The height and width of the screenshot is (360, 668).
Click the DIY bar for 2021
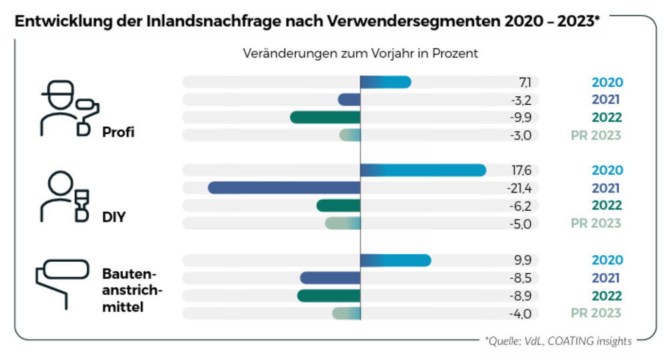[284, 188]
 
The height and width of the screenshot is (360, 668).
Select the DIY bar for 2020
[423, 170]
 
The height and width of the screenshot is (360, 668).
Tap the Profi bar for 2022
[325, 118]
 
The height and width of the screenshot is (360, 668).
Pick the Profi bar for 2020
[385, 82]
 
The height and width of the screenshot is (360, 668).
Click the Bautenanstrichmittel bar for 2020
[395, 260]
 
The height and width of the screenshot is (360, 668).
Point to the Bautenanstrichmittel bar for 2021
[330, 278]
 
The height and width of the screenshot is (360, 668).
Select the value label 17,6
[520, 170]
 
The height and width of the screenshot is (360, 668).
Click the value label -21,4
[519, 188]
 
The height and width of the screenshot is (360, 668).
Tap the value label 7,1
[525, 82]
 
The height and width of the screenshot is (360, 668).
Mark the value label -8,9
[519, 296]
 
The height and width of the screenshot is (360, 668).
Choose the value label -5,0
[519, 224]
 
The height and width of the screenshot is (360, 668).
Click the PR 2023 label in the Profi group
[596, 136]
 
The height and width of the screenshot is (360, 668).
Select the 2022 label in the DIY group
[607, 206]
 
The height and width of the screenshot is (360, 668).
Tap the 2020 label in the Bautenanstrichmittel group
[607, 260]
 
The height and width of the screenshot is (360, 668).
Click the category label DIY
[114, 217]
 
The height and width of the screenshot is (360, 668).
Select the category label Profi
[118, 132]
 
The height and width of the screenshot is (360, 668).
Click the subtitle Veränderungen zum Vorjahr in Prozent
[360, 54]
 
